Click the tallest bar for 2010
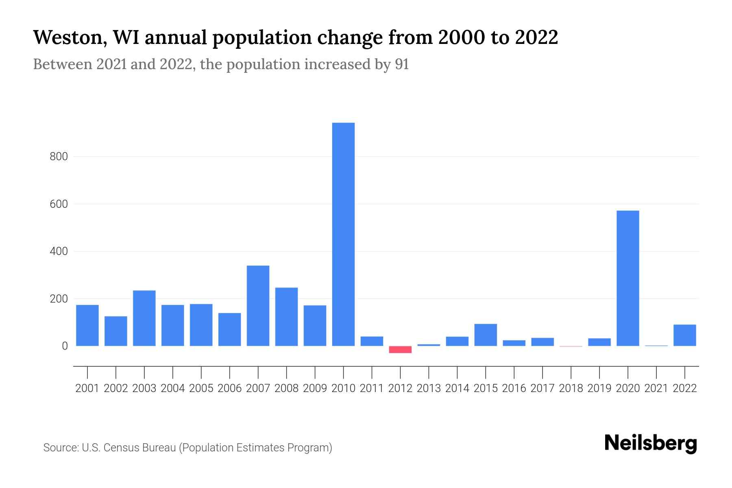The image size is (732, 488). (343, 234)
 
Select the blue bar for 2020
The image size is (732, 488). (627, 278)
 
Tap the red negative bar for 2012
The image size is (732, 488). (400, 349)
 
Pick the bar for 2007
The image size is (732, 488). (258, 306)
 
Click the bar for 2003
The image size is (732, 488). (144, 318)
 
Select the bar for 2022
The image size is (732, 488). (684, 335)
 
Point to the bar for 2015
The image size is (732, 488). (486, 335)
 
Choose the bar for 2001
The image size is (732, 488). (87, 325)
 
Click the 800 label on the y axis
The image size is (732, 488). (59, 157)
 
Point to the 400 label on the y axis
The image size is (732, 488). (59, 251)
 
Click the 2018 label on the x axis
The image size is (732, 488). (571, 388)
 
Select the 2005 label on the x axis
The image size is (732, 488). (201, 388)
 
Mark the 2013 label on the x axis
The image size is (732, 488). (429, 388)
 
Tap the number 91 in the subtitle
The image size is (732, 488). (401, 64)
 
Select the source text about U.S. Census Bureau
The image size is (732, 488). (187, 448)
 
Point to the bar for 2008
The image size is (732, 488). (286, 317)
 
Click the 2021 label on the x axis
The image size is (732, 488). (656, 388)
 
